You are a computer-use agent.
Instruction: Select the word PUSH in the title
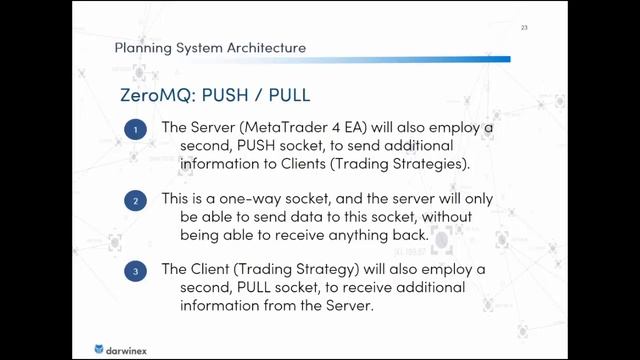(239, 95)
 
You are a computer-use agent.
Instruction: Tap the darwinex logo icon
(99, 348)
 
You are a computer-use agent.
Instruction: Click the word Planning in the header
(143, 48)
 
